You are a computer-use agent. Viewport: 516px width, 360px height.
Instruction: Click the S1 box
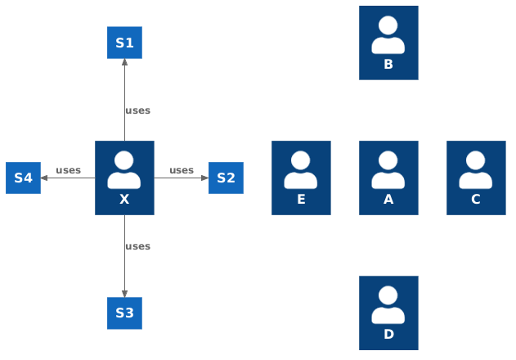[124, 43]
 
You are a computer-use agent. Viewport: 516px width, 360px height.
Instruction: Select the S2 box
[226, 178]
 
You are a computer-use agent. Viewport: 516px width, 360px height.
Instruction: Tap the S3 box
[124, 313]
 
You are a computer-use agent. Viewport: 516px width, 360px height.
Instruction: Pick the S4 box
[23, 178]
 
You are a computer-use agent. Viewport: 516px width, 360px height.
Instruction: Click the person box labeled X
[124, 178]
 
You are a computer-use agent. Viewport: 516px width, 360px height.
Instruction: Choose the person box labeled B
[388, 43]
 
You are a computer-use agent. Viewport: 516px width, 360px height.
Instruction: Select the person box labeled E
[301, 178]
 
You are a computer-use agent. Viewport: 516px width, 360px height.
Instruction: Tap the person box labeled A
[388, 178]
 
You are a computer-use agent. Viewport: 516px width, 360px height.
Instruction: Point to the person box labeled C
[476, 178]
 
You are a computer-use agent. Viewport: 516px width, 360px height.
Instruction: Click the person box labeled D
[388, 313]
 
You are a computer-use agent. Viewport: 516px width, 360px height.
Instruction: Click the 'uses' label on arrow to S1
[137, 110]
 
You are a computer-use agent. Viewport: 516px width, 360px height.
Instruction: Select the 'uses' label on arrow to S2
[182, 170]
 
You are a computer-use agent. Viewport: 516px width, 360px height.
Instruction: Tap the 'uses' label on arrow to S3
[137, 246]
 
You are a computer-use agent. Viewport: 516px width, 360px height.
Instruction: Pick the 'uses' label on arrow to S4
[68, 170]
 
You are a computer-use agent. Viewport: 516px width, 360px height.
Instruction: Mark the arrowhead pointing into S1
[124, 64]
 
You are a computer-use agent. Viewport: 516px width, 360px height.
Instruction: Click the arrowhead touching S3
[124, 292]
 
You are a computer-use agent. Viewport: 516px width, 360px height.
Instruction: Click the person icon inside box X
[124, 170]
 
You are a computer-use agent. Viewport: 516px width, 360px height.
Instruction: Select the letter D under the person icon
[388, 334]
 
